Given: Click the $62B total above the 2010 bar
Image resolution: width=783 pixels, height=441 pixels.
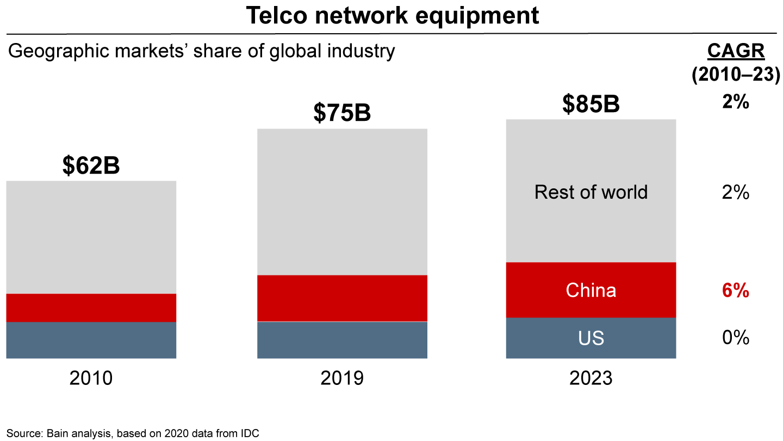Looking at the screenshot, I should coord(91,166).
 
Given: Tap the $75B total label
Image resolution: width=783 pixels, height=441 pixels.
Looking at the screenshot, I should coord(342,113).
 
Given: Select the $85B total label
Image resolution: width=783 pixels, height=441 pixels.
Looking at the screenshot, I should coord(591,104).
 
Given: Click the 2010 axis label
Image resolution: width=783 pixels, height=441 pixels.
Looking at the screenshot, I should coord(91,378).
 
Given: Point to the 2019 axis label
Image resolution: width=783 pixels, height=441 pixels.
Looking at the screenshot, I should coord(342,378).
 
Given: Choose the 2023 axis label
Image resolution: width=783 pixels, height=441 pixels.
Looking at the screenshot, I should coord(591,378).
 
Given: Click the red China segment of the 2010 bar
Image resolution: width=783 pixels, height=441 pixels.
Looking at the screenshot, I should coord(91,308).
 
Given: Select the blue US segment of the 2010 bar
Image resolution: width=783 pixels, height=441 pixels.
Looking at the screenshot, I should coord(91,340).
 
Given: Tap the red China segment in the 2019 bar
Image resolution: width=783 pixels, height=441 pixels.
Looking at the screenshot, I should coord(342,298).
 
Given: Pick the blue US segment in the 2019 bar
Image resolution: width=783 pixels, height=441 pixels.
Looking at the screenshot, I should coord(342,340).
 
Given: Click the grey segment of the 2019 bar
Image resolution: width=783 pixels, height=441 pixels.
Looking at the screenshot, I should coord(342,201).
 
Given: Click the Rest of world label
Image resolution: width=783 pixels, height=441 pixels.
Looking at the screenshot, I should coord(591,192).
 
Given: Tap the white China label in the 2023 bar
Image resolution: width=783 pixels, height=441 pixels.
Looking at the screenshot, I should coord(591,290).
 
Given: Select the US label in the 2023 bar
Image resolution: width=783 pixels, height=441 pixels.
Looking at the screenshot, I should coord(591,338).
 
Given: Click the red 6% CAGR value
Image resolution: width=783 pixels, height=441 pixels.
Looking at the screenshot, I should coord(736,291).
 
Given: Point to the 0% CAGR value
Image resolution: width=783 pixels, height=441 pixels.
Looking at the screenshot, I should coord(736,338).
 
